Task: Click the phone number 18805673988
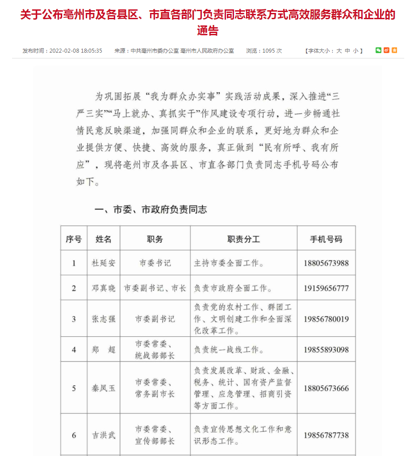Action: click(x=326, y=263)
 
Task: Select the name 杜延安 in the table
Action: click(x=104, y=263)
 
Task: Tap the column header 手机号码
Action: click(x=326, y=239)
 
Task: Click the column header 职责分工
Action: click(x=243, y=239)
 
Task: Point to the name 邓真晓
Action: click(x=104, y=288)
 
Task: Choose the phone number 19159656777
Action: click(x=326, y=288)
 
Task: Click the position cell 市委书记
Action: click(x=155, y=263)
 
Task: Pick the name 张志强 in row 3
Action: click(x=104, y=319)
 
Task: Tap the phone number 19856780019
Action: click(x=326, y=319)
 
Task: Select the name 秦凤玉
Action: click(x=104, y=388)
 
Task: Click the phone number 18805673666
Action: click(x=326, y=388)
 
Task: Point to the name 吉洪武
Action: click(x=104, y=435)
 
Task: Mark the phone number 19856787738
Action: click(x=326, y=435)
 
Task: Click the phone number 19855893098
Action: click(x=326, y=349)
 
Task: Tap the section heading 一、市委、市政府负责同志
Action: click(x=151, y=209)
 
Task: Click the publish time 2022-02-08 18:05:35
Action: click(x=75, y=51)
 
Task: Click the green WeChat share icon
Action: click(x=378, y=50)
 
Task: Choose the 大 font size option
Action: click(x=339, y=51)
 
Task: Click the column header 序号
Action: click(x=74, y=239)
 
